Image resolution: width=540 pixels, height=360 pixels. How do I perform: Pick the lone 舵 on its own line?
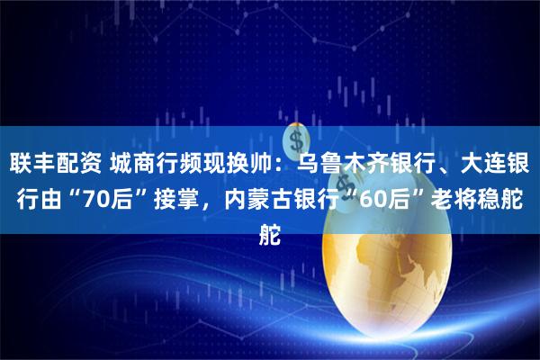(x=269, y=214)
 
